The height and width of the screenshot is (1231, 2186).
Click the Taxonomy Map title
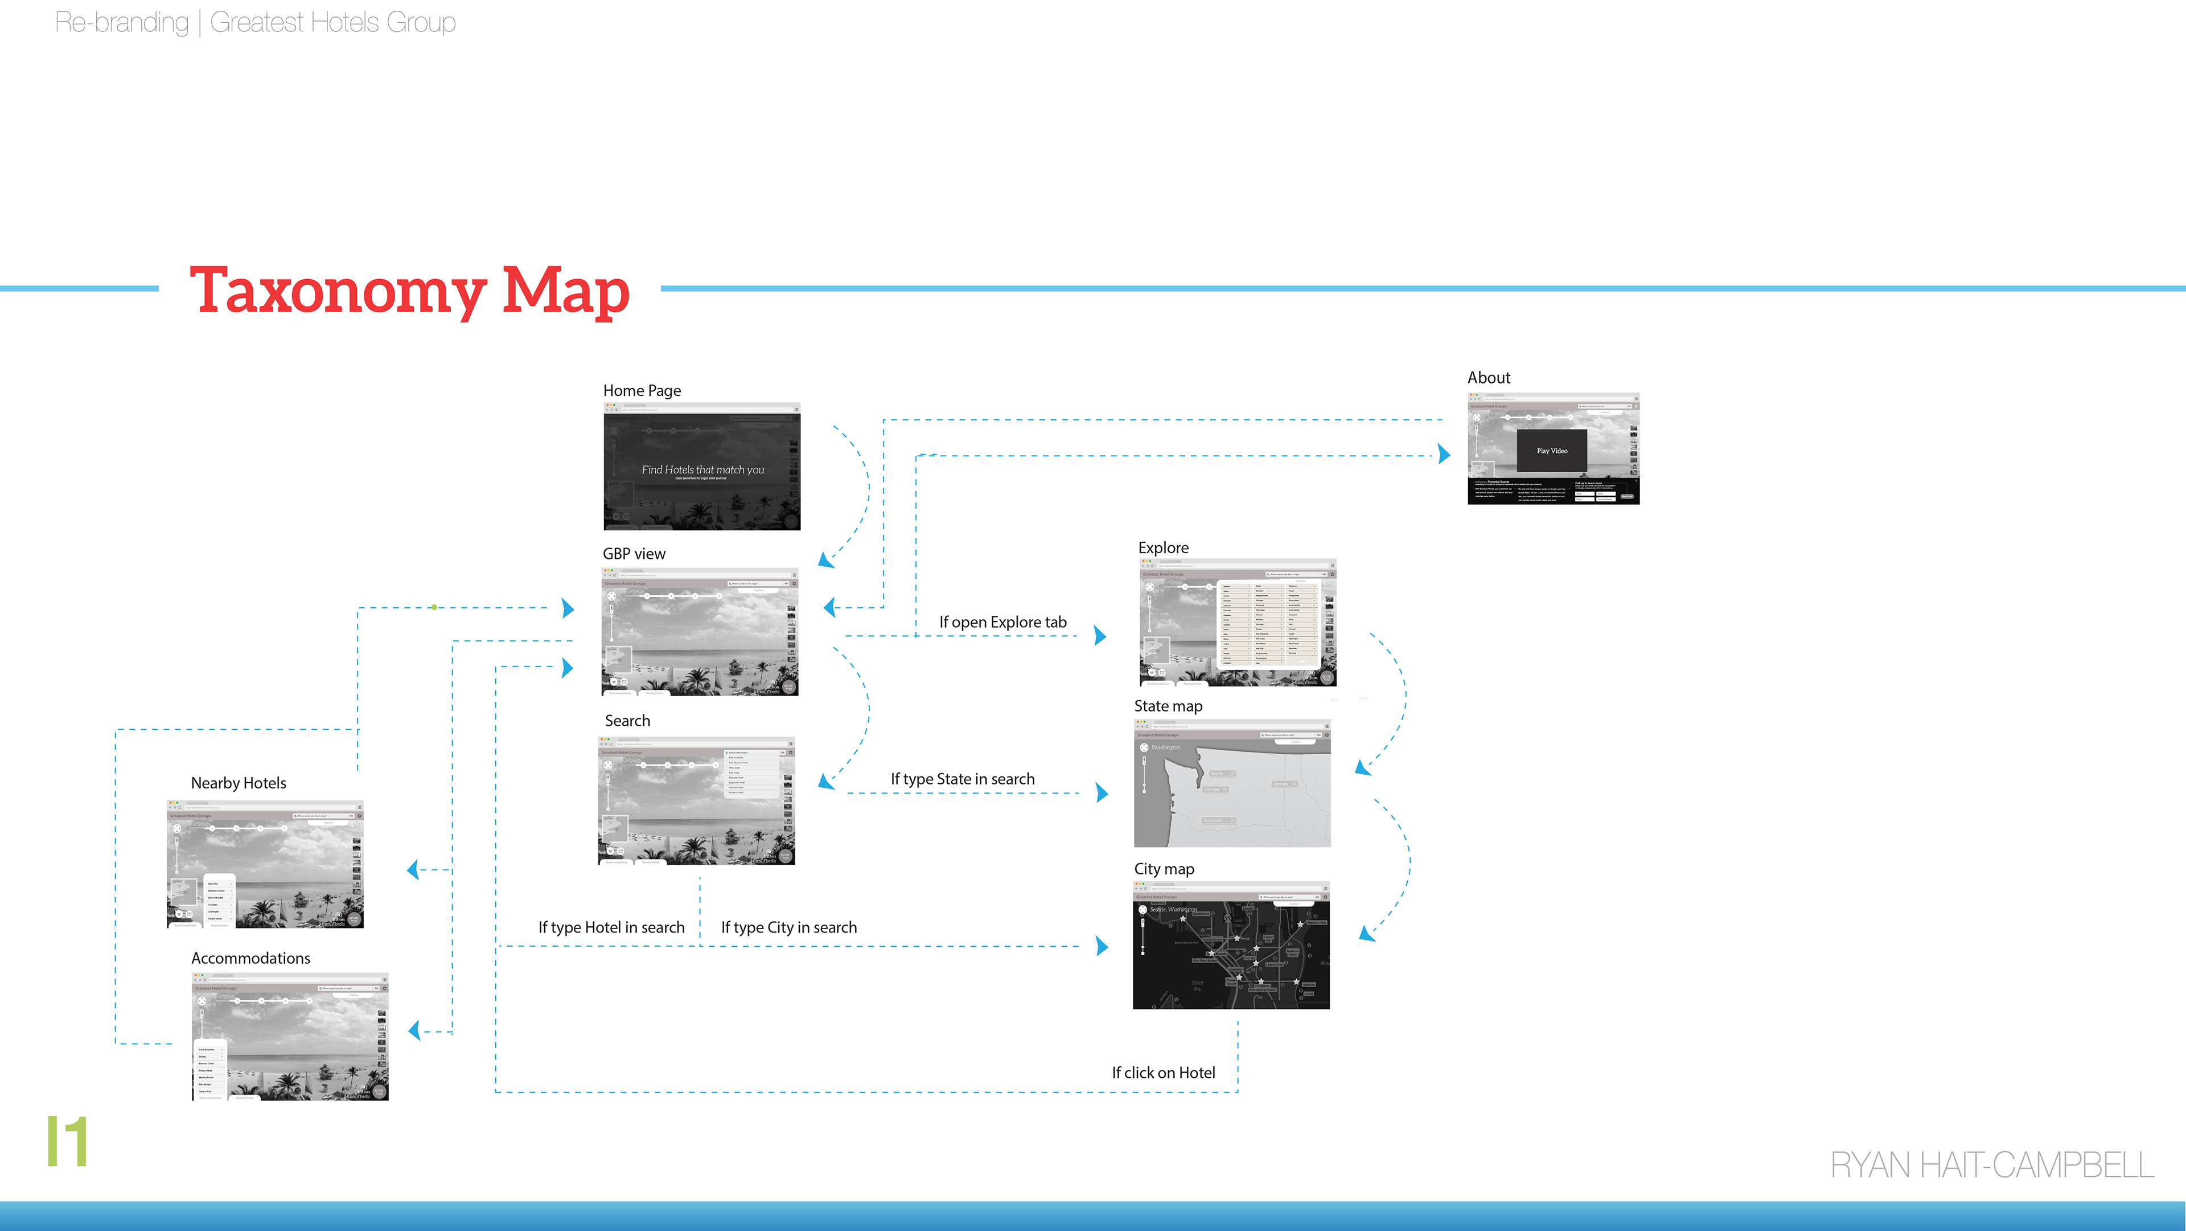click(x=409, y=291)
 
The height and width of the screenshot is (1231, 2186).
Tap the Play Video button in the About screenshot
click(x=1552, y=451)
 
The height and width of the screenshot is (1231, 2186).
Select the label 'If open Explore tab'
click(x=1002, y=622)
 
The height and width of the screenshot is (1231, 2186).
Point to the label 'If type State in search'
click(x=962, y=779)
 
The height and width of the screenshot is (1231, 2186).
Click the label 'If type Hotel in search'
click(x=611, y=928)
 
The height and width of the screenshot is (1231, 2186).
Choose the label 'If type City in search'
click(x=788, y=928)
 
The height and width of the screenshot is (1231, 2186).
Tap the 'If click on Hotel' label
click(x=1164, y=1073)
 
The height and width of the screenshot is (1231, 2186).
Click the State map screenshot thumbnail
click(x=1232, y=784)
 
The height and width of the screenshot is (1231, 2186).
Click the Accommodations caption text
click(x=250, y=959)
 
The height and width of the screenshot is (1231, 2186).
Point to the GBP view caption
click(x=634, y=554)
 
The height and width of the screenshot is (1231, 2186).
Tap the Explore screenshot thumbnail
click(x=1237, y=623)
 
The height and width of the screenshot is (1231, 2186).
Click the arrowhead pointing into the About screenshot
click(x=1444, y=454)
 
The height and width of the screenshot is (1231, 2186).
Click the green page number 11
click(x=67, y=1142)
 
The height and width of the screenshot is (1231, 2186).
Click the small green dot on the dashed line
click(x=434, y=608)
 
